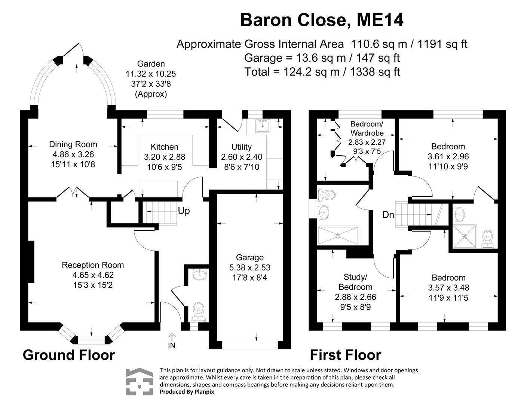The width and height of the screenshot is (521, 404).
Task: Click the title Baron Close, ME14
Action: (x=322, y=20)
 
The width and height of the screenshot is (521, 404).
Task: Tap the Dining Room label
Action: (x=73, y=144)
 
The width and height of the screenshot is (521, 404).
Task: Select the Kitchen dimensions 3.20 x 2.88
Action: (x=165, y=157)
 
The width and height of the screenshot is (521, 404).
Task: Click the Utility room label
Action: (x=241, y=147)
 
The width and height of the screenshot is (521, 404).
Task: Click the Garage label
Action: (x=249, y=257)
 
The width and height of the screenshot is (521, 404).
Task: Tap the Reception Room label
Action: (x=93, y=265)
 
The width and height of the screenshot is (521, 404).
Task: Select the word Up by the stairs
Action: (x=184, y=211)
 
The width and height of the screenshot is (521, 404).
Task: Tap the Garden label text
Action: (x=151, y=64)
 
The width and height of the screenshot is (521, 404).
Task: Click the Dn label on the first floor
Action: (x=388, y=215)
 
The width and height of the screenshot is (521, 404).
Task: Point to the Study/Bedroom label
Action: (x=355, y=282)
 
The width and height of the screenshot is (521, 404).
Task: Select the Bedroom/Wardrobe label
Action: (x=367, y=128)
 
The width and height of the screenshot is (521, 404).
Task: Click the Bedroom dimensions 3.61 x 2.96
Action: (x=448, y=156)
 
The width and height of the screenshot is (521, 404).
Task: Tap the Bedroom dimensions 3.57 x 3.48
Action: (x=448, y=288)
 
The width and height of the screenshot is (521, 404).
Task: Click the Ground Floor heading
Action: (x=69, y=355)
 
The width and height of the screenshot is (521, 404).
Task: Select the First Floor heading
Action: (x=345, y=355)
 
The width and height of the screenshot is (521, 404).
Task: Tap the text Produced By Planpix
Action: (x=187, y=392)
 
